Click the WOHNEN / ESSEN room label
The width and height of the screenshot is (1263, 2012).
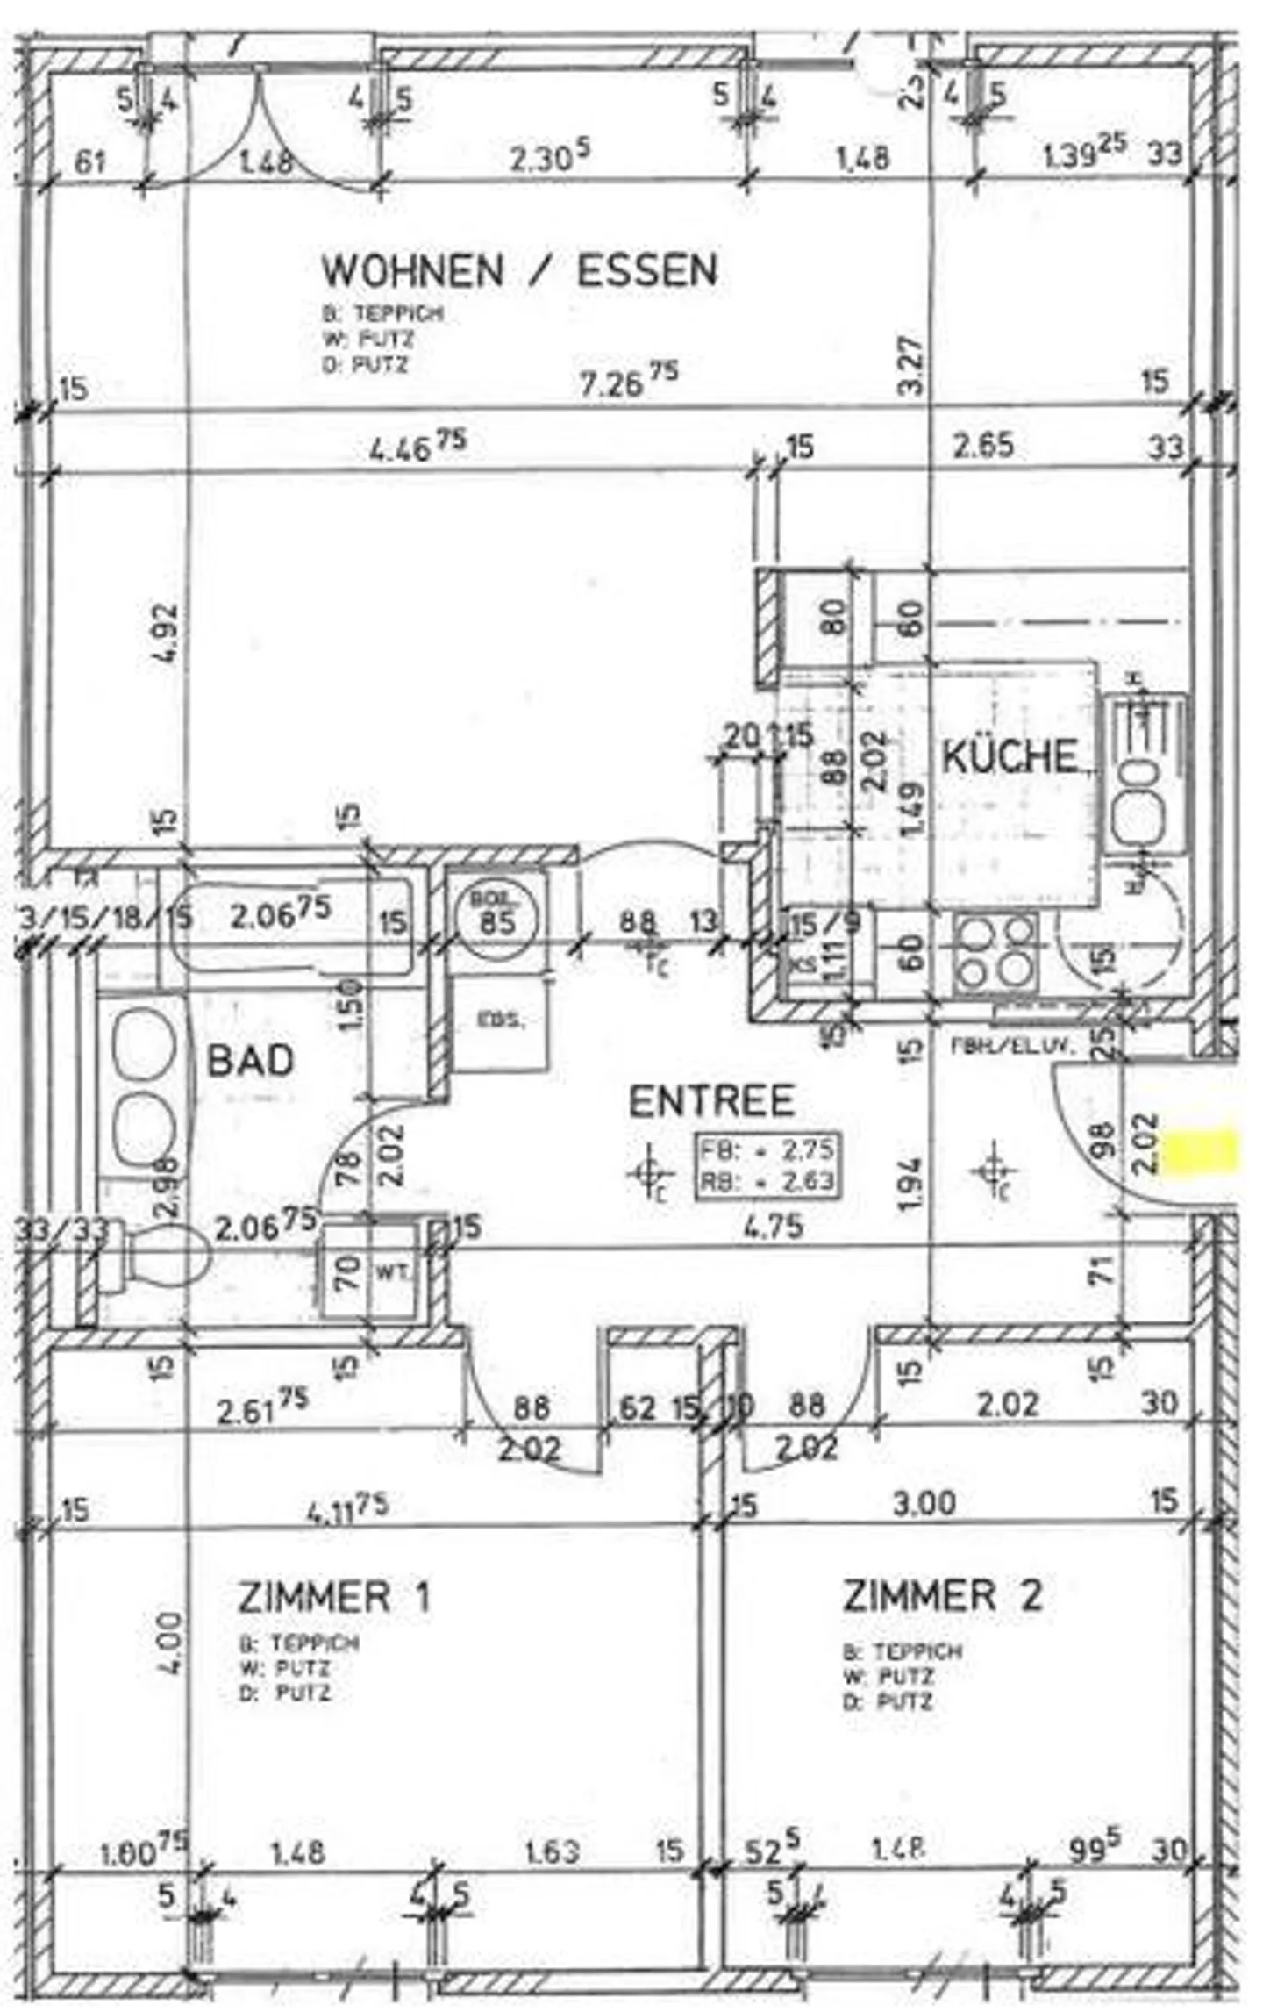(x=519, y=270)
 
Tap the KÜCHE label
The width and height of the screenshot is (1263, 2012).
(x=1010, y=756)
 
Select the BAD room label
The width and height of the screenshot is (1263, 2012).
(x=251, y=1061)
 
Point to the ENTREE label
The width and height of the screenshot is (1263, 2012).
(x=711, y=1102)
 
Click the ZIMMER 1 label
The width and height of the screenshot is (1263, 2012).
(x=334, y=1596)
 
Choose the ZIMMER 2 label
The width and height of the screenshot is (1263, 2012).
(x=942, y=1595)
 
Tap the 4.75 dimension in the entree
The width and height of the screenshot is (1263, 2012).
(x=773, y=1225)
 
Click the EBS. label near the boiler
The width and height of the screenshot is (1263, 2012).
(x=501, y=1020)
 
